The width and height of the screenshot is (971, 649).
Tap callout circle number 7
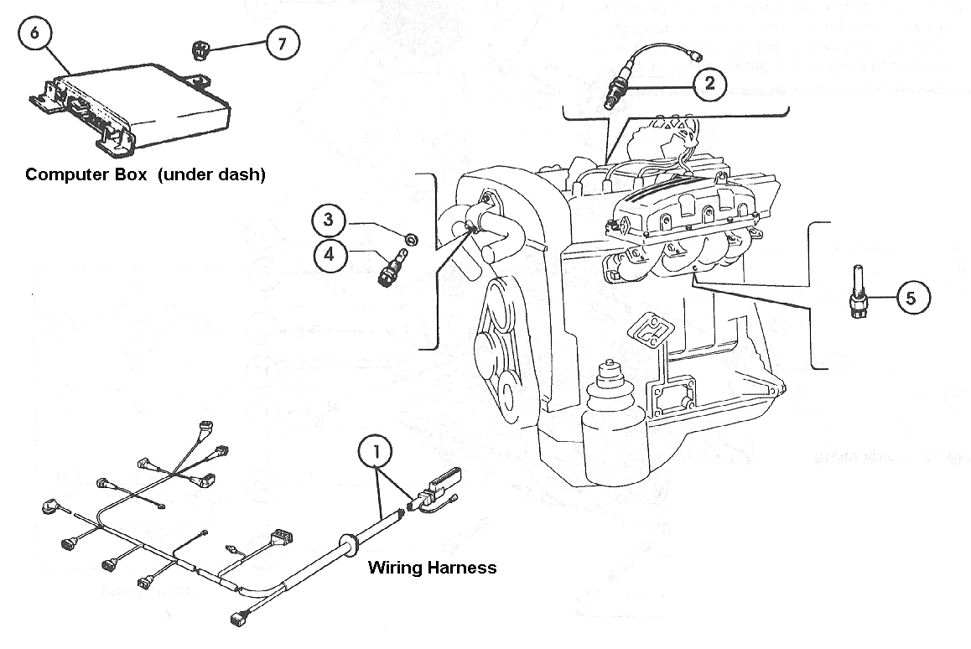pos(282,44)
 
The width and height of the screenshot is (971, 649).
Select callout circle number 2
pos(709,82)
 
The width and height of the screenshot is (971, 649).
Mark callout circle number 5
pos(911,297)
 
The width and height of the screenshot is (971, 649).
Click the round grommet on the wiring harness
pos(345,543)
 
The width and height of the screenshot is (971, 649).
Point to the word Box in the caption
pos(138,174)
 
